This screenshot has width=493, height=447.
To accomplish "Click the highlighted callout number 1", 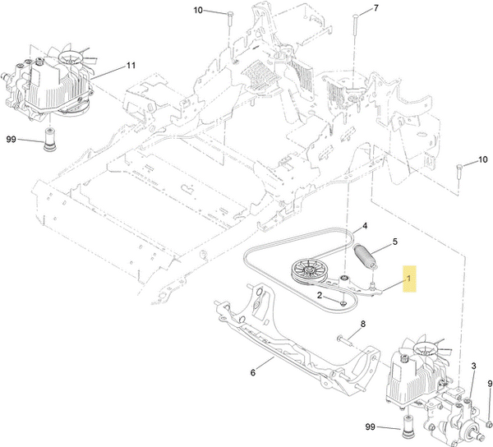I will pos(408,280).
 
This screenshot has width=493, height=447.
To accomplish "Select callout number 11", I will pos(130,65).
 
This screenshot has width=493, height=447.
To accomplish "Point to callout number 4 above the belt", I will pos(364,225).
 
